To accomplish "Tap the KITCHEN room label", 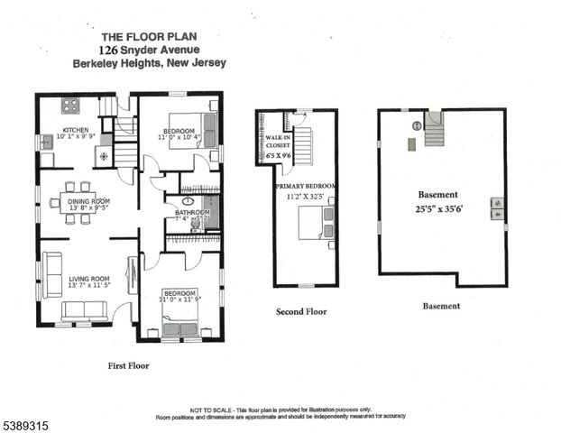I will [76, 129].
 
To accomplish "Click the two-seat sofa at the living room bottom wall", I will [84, 310].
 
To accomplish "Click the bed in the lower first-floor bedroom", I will [179, 319].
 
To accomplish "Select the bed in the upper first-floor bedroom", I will [208, 129].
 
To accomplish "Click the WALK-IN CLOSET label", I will [276, 143].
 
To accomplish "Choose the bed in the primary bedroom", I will [317, 222].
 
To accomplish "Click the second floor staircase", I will [302, 145].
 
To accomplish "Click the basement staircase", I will [435, 131].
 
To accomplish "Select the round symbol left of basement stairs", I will [417, 125].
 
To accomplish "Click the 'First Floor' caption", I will [128, 366].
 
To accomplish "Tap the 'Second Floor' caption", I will [301, 311].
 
